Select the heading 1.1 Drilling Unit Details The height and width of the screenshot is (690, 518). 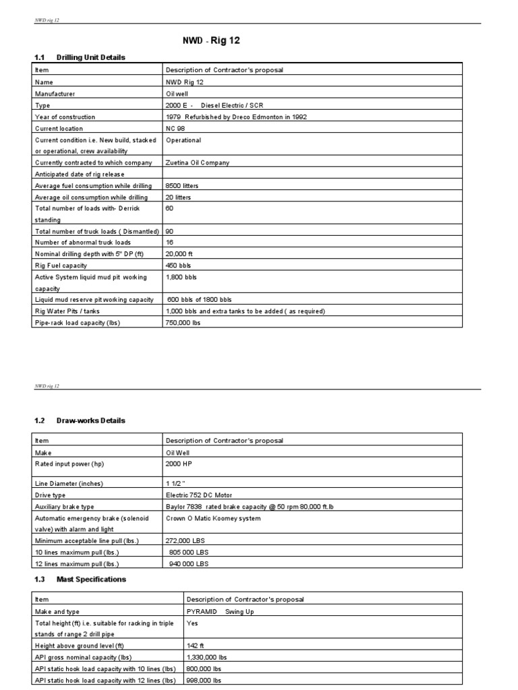[80, 57]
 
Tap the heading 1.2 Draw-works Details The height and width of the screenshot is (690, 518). [80, 420]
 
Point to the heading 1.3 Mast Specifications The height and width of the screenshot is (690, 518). [80, 579]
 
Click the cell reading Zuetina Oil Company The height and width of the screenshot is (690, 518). [197, 162]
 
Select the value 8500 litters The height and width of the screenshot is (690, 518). [182, 185]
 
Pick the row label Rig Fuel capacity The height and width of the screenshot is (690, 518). [61, 265]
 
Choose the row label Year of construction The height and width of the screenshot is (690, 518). [65, 117]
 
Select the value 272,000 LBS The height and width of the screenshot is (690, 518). [183, 540]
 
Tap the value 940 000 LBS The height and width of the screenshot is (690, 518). [188, 563]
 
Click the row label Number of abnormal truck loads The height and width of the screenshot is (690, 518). [83, 242]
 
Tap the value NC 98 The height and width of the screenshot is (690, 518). [175, 128]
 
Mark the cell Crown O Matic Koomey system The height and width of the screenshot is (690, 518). [212, 518]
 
